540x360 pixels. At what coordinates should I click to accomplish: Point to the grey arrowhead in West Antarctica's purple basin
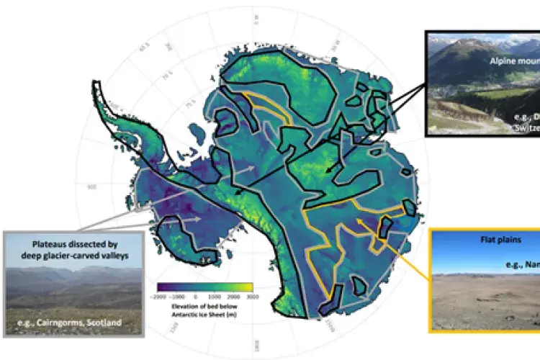[199, 219]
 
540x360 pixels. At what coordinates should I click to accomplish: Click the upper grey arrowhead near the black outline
[252, 167]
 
